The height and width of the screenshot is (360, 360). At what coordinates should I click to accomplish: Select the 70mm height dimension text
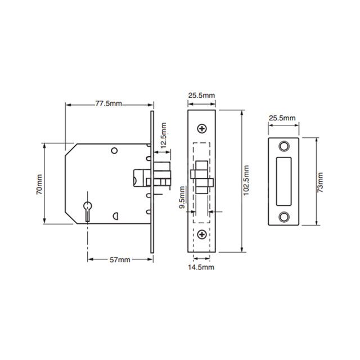click(40, 184)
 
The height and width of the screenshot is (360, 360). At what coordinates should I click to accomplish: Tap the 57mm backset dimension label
click(119, 259)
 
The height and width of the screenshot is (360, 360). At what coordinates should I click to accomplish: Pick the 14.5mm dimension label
click(202, 267)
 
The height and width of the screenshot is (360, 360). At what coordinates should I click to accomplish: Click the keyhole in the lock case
click(88, 210)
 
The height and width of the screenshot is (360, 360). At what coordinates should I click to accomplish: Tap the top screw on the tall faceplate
click(202, 128)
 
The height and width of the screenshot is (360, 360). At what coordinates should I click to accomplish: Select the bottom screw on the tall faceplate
click(202, 234)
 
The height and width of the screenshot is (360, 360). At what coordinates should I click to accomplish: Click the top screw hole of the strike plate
click(282, 147)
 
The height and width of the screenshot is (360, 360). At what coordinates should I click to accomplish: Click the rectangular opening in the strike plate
click(282, 182)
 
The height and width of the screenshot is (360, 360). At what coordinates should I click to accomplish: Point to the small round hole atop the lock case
click(114, 151)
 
